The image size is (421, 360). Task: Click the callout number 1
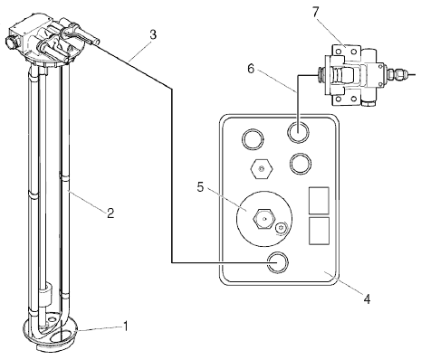(x=125, y=326)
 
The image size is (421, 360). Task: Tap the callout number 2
(x=110, y=213)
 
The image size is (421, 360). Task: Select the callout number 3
(x=153, y=35)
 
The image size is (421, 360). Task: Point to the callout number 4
(x=367, y=299)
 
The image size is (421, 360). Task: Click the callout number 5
(x=200, y=187)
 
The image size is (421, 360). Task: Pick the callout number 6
(x=251, y=69)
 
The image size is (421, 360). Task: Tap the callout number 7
(x=315, y=13)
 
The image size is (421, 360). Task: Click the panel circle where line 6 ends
(x=299, y=133)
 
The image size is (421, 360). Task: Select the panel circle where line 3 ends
(x=278, y=262)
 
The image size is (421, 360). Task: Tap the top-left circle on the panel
(x=253, y=139)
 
